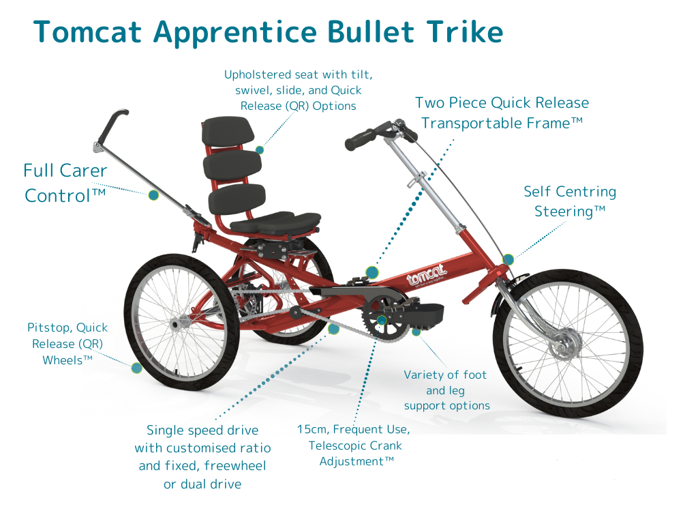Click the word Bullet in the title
pyautogui.click(x=371, y=32)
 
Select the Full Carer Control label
pyautogui.click(x=65, y=183)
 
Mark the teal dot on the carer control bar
pyautogui.click(x=153, y=195)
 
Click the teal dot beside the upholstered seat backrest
pyautogui.click(x=260, y=149)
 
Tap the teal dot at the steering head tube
pyautogui.click(x=508, y=259)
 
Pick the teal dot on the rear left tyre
pyautogui.click(x=136, y=368)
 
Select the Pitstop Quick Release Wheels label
pyautogui.click(x=67, y=343)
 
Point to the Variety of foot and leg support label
pyautogui.click(x=446, y=390)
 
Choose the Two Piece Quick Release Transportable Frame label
pyautogui.click(x=502, y=113)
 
